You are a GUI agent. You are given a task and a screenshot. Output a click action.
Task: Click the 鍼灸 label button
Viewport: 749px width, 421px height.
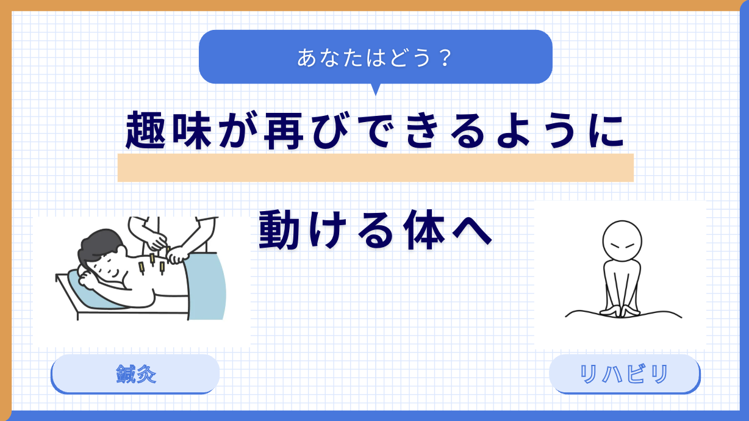[x=135, y=374]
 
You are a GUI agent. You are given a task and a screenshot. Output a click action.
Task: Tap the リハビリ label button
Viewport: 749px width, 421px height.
[x=625, y=374]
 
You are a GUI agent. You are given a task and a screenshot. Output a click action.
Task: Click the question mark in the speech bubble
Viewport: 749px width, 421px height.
[x=446, y=57]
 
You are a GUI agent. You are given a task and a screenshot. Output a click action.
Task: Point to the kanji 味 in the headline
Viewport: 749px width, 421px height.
[x=192, y=130]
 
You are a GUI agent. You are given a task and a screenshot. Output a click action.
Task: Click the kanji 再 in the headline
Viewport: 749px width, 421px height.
[x=284, y=130]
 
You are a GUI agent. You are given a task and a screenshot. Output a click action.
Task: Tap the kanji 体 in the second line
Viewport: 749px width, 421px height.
[x=425, y=229]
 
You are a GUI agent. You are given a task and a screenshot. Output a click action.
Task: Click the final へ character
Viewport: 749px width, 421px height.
[x=472, y=231]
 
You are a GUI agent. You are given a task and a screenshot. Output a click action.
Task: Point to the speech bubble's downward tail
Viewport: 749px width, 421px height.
[x=376, y=89]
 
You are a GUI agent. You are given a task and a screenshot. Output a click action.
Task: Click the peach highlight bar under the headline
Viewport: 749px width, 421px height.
[x=376, y=168]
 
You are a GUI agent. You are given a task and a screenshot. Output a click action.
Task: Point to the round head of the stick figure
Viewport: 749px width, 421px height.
[x=622, y=241]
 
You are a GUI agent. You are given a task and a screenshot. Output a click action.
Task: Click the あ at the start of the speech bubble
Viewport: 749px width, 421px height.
[x=306, y=57]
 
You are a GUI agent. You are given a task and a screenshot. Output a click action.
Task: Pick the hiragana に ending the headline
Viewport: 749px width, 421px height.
[x=606, y=131]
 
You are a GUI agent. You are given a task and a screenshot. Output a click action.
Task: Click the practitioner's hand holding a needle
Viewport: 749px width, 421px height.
[x=157, y=242]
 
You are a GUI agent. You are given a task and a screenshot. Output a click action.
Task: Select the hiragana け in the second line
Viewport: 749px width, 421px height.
[x=326, y=229]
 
